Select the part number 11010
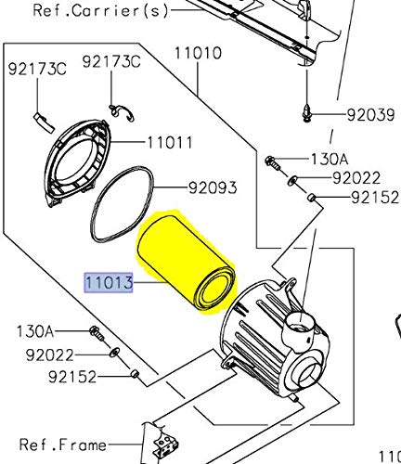196,53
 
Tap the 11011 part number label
169,143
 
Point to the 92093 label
213,187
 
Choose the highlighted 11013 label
109,280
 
